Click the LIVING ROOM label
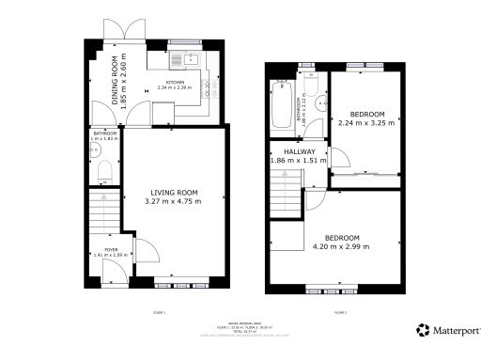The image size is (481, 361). [173, 193]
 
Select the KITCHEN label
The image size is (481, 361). [176, 83]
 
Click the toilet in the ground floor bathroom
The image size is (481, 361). [106, 170]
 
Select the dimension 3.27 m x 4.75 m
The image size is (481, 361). [173, 202]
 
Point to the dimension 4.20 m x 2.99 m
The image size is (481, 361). [342, 247]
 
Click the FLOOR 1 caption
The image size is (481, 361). [159, 312]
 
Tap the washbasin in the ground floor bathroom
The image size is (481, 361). [96, 149]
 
